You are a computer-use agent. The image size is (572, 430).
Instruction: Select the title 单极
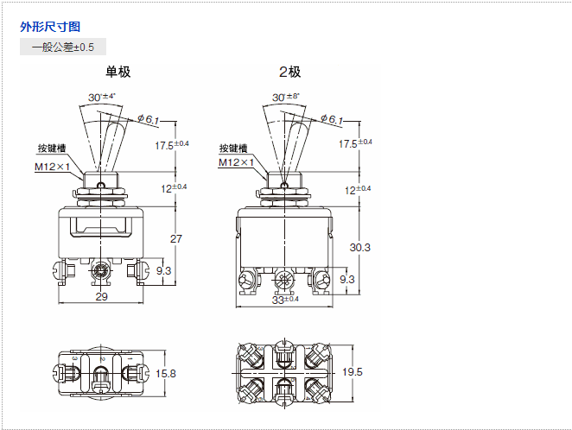click(x=118, y=72)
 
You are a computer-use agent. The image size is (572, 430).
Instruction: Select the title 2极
click(x=289, y=72)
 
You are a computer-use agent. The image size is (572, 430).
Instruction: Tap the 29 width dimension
click(x=100, y=297)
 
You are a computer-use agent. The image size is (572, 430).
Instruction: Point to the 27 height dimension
click(x=175, y=239)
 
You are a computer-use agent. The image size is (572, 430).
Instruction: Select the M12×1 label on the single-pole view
click(x=52, y=167)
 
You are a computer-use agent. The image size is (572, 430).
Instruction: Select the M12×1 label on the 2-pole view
click(x=236, y=162)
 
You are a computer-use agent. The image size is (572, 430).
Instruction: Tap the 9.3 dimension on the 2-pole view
click(x=346, y=279)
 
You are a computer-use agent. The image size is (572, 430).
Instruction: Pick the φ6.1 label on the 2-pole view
click(x=331, y=119)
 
